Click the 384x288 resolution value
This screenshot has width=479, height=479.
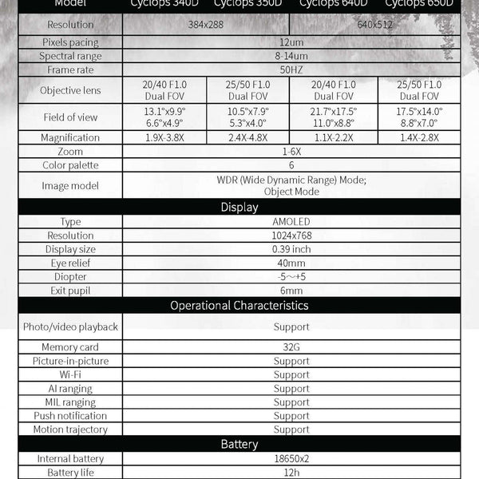pyautogui.click(x=206, y=25)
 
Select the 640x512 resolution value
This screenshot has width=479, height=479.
pyautogui.click(x=375, y=25)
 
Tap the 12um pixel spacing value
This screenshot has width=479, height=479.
pyautogui.click(x=291, y=42)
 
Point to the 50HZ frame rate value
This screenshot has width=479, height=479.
pyautogui.click(x=291, y=70)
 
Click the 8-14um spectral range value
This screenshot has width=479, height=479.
pyautogui.click(x=291, y=56)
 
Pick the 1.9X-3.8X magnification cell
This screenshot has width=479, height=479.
pyautogui.click(x=165, y=137)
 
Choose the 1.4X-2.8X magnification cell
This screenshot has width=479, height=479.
pyautogui.click(x=418, y=137)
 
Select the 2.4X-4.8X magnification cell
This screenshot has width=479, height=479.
pyautogui.click(x=249, y=137)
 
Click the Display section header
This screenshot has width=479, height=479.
pyautogui.click(x=239, y=207)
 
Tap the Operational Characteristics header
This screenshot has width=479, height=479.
pyautogui.click(x=239, y=305)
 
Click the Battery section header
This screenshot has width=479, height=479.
pyautogui.click(x=239, y=444)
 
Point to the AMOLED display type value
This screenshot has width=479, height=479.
pyautogui.click(x=291, y=222)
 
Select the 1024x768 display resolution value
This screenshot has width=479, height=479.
pyautogui.click(x=291, y=236)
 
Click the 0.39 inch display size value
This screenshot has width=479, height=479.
pyautogui.click(x=291, y=249)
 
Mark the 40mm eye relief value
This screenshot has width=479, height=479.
pyautogui.click(x=291, y=263)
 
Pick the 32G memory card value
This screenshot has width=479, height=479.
pyautogui.click(x=291, y=347)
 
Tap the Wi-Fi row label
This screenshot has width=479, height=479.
pyautogui.click(x=71, y=374)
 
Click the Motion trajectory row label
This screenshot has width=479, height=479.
pyautogui.click(x=71, y=430)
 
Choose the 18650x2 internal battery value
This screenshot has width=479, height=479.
pyautogui.click(x=291, y=459)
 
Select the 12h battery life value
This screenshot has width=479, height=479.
pyautogui.click(x=291, y=473)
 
